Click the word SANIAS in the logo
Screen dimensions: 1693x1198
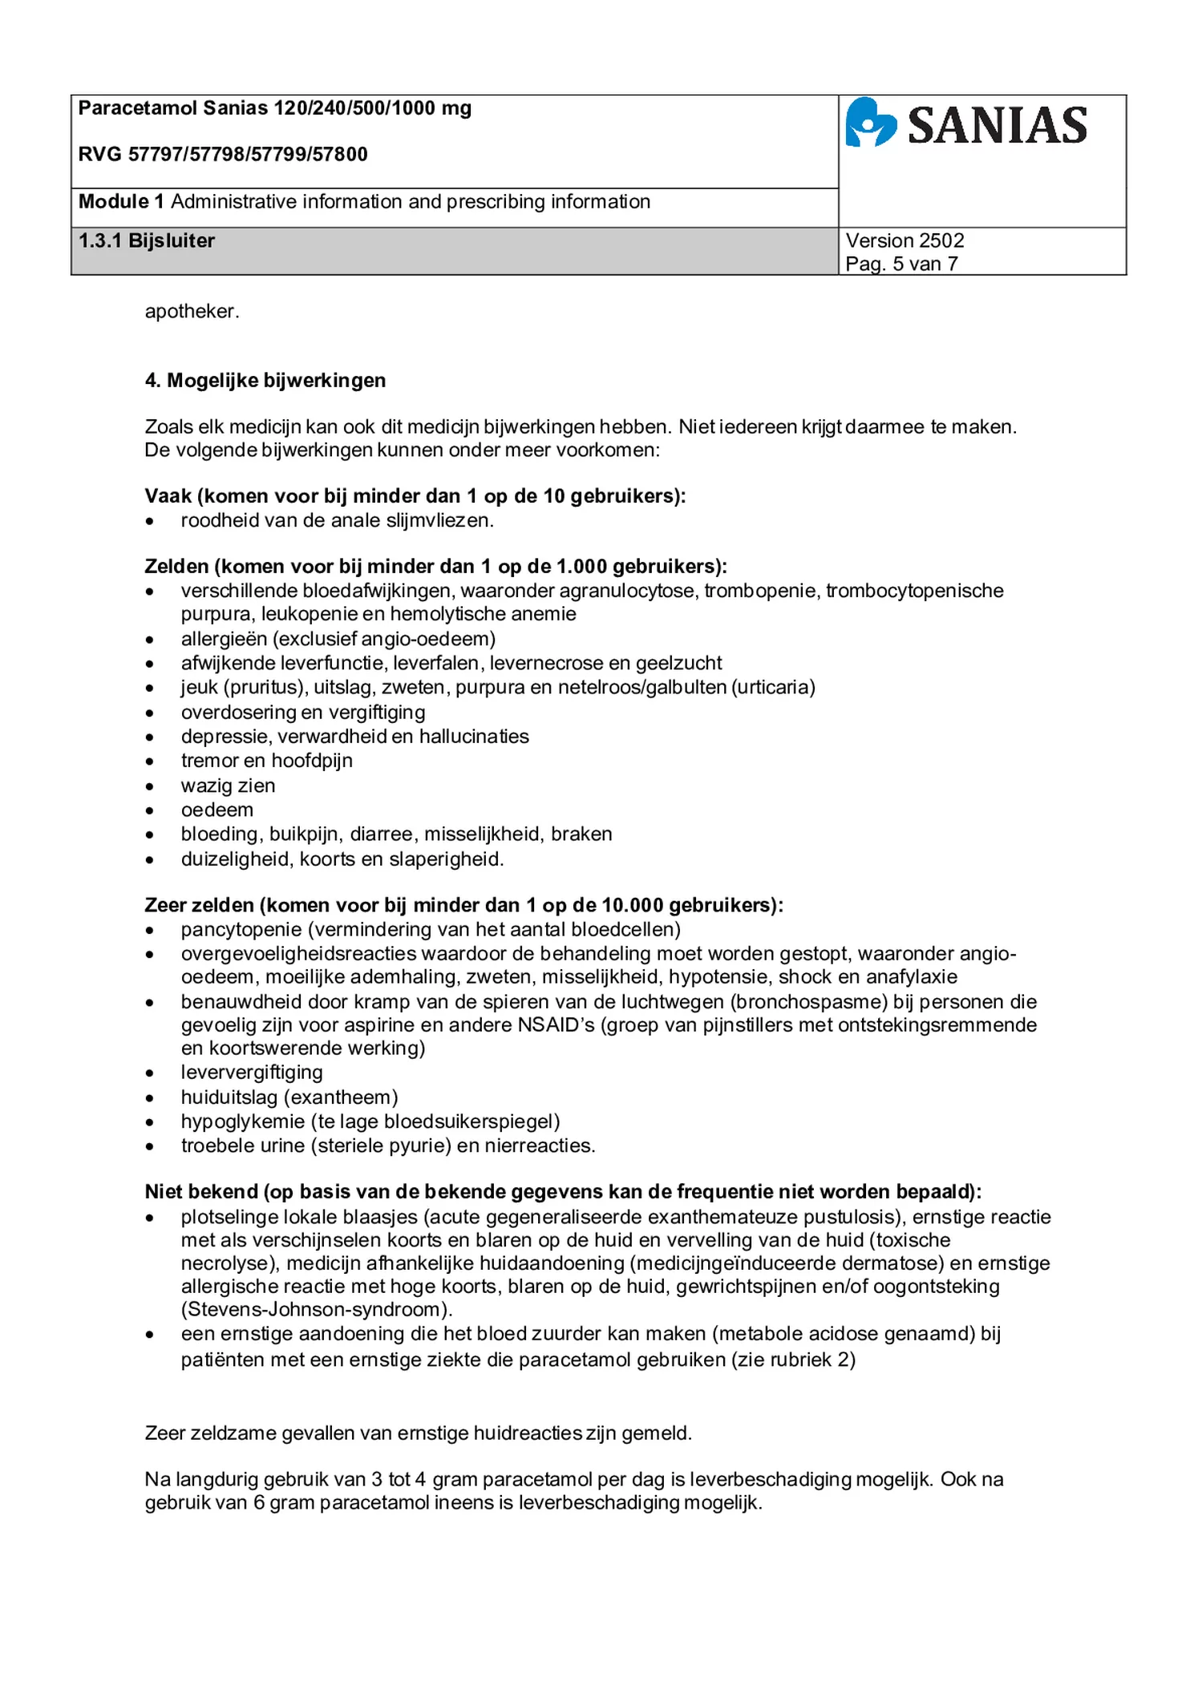997,126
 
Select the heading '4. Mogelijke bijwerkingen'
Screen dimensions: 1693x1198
265,380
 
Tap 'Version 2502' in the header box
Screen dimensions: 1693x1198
905,240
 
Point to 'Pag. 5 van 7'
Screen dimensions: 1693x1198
901,264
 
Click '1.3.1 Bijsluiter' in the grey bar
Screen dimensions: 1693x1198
147,240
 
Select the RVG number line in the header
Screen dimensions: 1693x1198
223,154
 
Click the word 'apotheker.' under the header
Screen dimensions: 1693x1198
192,311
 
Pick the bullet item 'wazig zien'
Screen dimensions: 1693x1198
228,786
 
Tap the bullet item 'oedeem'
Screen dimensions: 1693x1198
217,810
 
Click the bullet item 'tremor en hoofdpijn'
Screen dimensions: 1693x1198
266,760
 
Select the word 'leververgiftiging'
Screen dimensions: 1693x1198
252,1072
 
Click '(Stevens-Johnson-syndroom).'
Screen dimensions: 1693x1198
317,1309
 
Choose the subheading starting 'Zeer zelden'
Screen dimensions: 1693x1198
463,905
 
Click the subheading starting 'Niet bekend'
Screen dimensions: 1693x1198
563,1191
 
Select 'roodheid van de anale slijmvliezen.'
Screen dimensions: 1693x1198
337,520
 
